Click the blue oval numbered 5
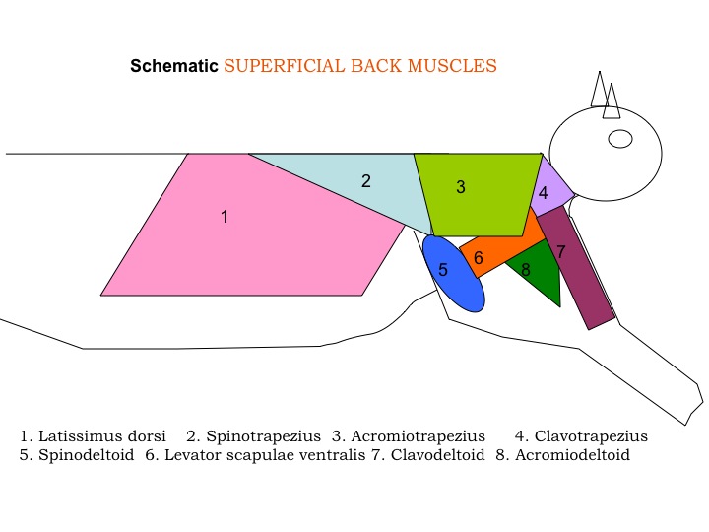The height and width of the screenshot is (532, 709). (x=454, y=274)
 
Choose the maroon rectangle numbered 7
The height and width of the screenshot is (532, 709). (x=576, y=268)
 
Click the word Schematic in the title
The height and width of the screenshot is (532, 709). (x=174, y=66)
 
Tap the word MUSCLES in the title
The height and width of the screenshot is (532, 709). (x=452, y=66)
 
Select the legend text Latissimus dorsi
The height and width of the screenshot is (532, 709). (x=102, y=436)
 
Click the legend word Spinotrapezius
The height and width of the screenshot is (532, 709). (x=264, y=436)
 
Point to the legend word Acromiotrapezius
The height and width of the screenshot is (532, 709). (x=419, y=436)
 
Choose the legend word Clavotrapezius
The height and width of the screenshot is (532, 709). (x=591, y=436)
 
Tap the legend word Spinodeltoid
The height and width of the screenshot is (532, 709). (x=87, y=454)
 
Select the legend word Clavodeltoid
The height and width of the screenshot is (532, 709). (x=437, y=454)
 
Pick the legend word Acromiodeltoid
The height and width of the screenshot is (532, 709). (x=572, y=454)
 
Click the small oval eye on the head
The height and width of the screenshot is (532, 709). (x=620, y=139)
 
